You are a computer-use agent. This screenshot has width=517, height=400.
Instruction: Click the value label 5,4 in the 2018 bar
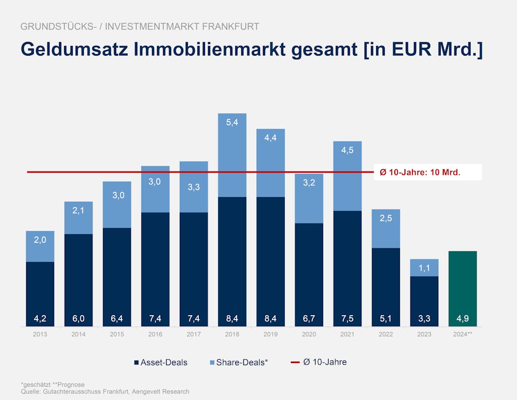(232, 122)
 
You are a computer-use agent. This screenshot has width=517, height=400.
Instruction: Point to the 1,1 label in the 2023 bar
(424, 268)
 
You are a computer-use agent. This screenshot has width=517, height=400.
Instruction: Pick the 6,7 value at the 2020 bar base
(309, 319)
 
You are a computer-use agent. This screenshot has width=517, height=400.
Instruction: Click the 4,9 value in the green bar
(462, 319)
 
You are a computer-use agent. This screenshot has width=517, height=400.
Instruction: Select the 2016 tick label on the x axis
(155, 334)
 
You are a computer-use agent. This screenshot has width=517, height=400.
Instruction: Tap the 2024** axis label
(462, 334)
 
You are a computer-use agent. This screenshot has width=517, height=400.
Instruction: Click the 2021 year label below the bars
(347, 334)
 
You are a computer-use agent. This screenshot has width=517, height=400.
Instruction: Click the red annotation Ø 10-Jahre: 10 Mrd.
(420, 172)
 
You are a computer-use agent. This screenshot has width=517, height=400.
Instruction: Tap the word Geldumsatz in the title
(73, 50)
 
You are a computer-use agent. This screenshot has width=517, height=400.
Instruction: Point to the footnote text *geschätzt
(36, 385)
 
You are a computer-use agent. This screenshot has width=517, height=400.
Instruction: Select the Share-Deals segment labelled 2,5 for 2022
(386, 228)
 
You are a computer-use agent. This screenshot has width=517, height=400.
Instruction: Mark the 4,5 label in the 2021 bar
(347, 150)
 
